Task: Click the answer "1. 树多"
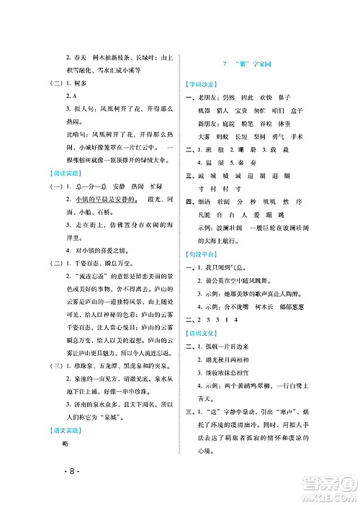point(73,83)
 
